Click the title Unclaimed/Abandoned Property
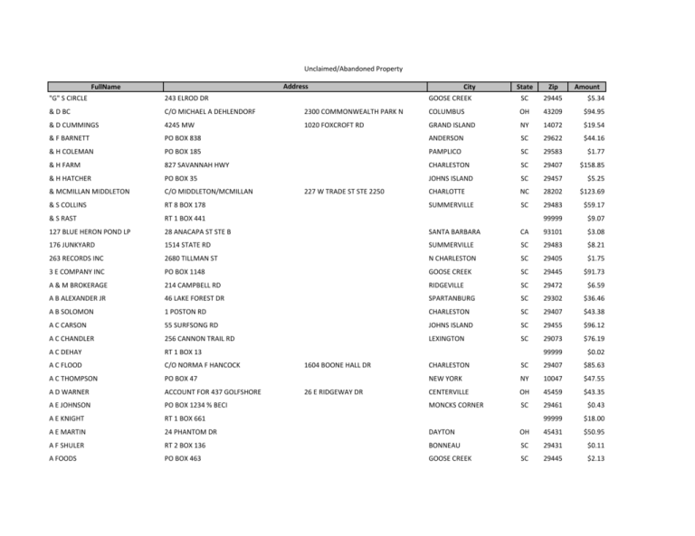pos(347,69)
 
